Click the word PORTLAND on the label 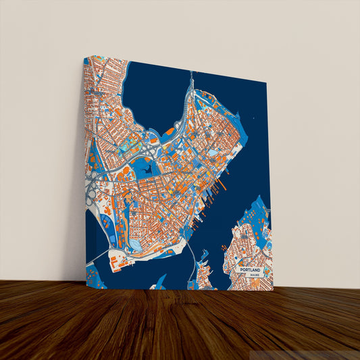[x=253, y=268]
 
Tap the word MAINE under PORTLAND [x=255, y=275]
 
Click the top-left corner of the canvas [x=84, y=57]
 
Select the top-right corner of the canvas [x=267, y=84]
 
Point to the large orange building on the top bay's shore [x=169, y=131]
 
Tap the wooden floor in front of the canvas [x=180, y=324]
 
